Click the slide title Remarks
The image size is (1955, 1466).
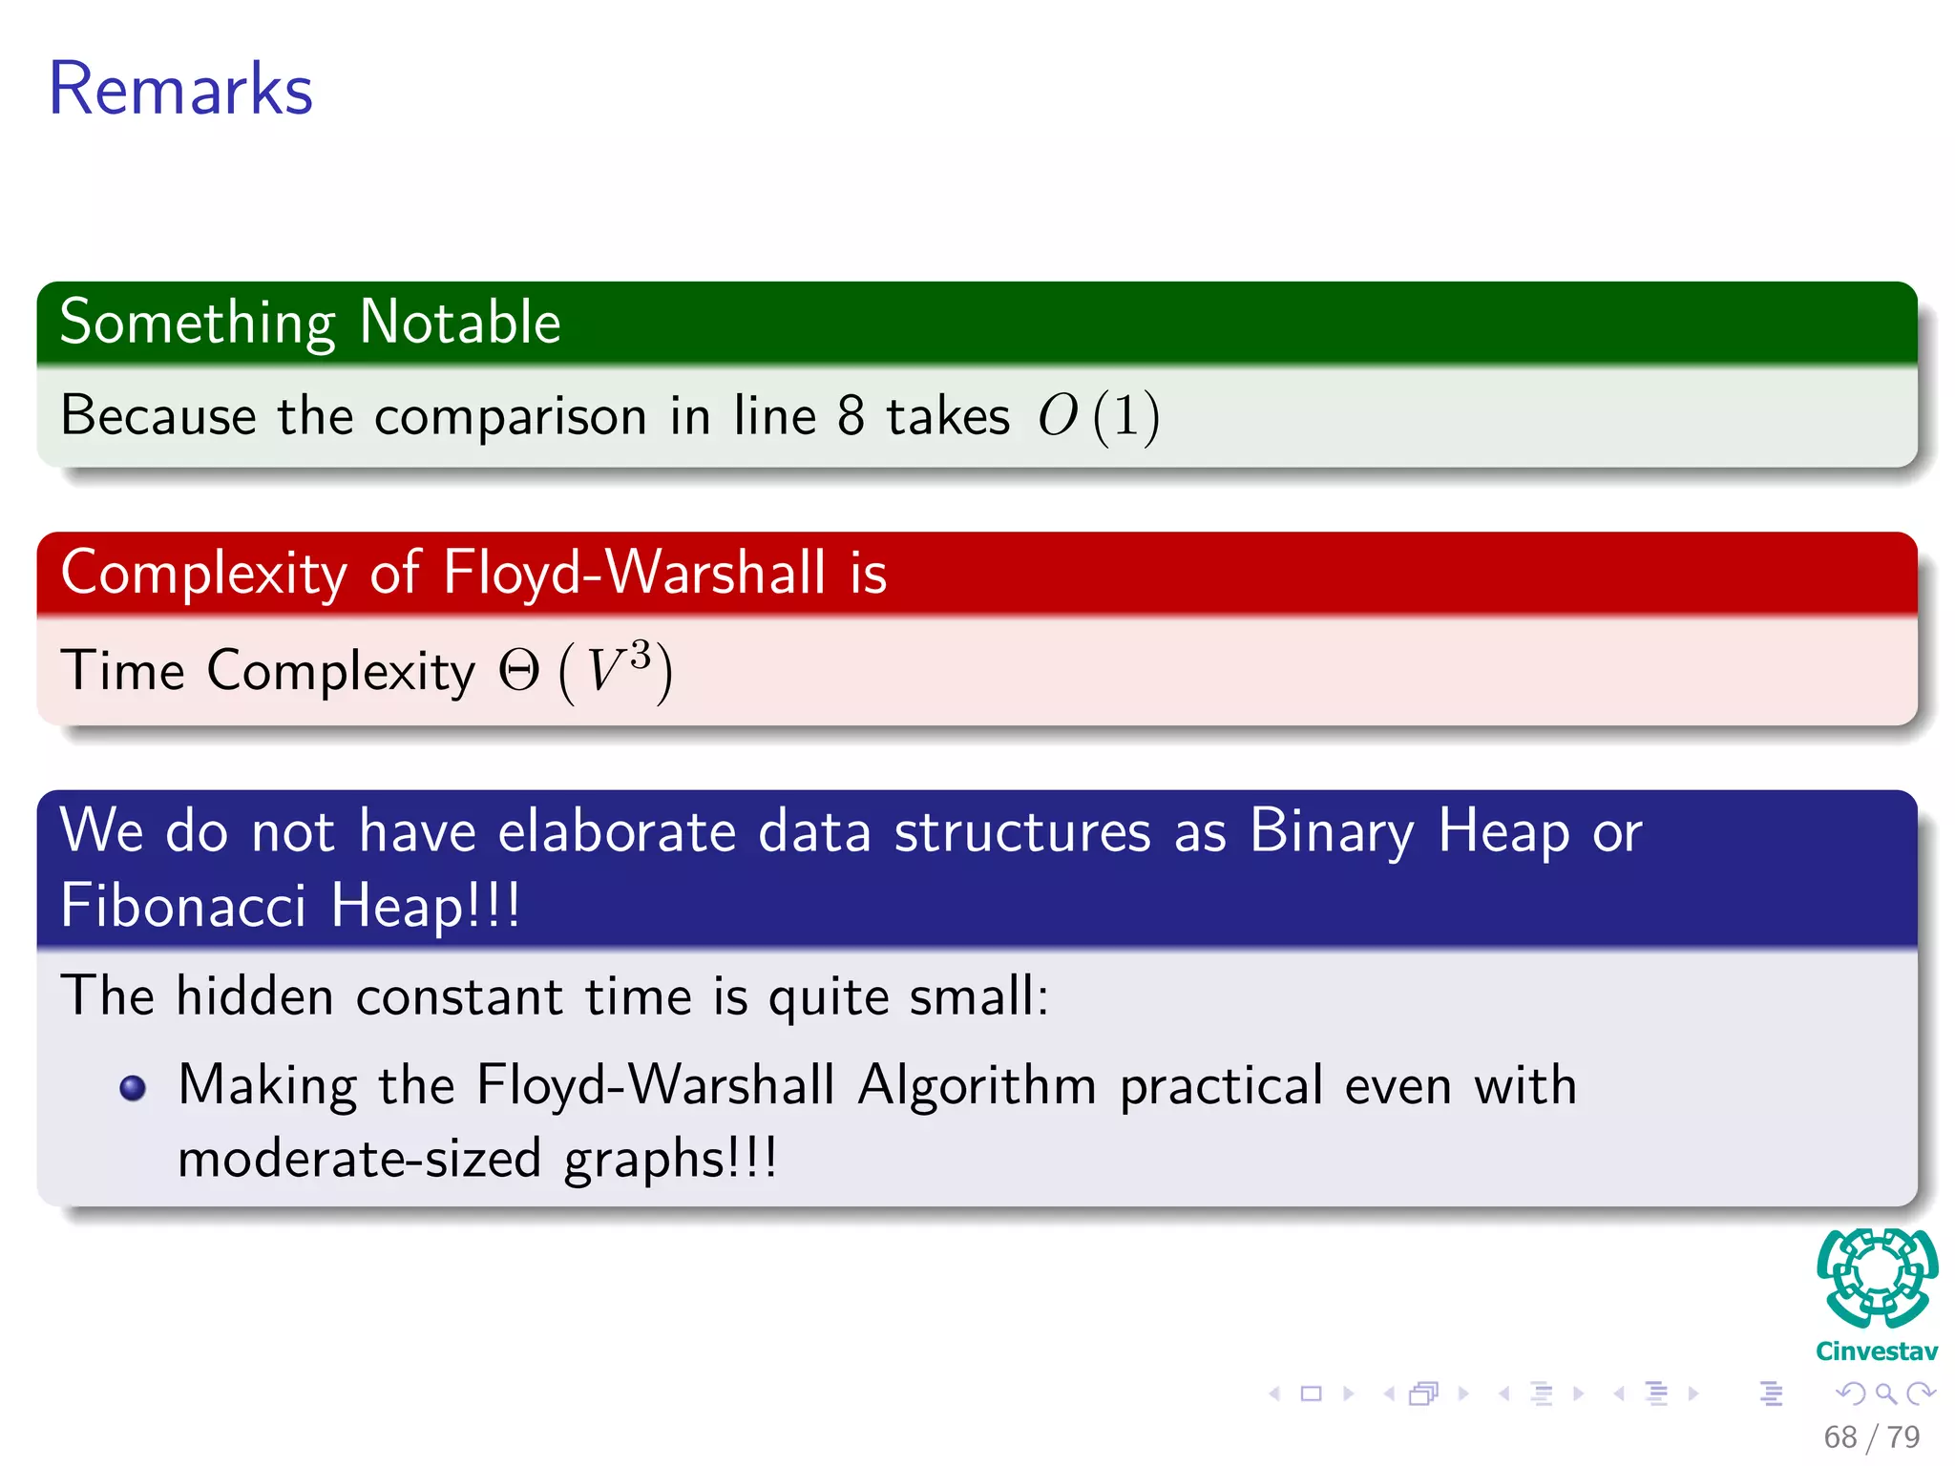(180, 89)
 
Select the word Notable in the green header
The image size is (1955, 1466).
(460, 322)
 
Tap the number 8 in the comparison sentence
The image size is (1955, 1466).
(850, 416)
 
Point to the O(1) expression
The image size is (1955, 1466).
(1099, 416)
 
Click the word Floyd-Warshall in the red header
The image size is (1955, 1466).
(634, 573)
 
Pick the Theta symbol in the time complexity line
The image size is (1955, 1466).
(519, 671)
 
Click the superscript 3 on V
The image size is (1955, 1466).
(641, 655)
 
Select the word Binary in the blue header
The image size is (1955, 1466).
(1332, 830)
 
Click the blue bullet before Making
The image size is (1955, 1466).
(133, 1088)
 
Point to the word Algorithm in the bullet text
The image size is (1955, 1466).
(977, 1086)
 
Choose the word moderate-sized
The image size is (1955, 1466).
(360, 1159)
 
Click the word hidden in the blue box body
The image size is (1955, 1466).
(255, 996)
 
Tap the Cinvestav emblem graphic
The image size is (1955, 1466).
(1877, 1278)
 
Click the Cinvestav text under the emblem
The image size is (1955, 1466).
(1877, 1351)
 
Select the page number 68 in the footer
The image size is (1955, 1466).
(1839, 1437)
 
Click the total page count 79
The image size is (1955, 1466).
(1903, 1437)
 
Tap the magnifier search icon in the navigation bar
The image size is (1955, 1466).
(1885, 1394)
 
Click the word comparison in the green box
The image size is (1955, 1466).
(511, 417)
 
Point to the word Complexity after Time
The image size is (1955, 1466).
(341, 671)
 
